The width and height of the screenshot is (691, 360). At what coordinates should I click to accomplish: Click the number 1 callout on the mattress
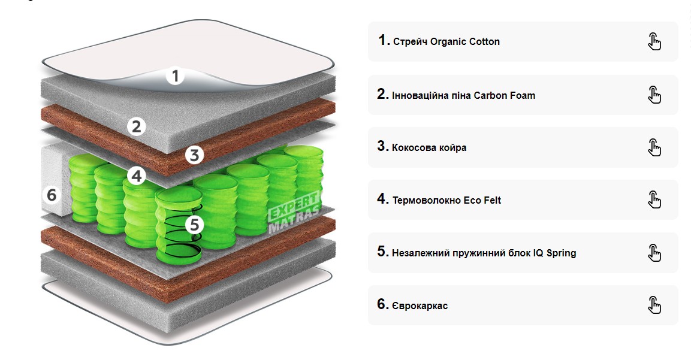pos(174,76)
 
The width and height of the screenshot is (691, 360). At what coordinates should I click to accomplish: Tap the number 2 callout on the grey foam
pos(137,126)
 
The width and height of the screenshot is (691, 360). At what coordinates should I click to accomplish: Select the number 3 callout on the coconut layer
pos(194,155)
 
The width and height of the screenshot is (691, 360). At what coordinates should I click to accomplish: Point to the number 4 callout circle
pos(137,176)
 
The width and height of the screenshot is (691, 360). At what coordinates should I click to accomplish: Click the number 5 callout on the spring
pos(194,225)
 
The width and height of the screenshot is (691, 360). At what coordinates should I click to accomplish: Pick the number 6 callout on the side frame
pos(51,195)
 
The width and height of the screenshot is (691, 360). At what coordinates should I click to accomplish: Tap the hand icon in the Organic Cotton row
pos(654,41)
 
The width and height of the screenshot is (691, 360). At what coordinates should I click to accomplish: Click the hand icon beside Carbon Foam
pos(654,95)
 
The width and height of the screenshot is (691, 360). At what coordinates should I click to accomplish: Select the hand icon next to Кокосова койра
pos(654,147)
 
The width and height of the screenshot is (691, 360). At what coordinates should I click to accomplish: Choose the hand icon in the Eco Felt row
pos(654,200)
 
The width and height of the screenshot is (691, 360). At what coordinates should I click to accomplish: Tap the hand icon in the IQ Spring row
pos(654,253)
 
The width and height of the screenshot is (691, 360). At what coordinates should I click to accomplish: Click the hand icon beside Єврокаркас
pos(654,305)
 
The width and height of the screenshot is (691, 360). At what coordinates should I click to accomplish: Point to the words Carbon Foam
pos(504,95)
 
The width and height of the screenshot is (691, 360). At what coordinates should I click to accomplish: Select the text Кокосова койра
pos(429,148)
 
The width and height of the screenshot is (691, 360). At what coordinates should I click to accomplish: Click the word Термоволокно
pos(427,201)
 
